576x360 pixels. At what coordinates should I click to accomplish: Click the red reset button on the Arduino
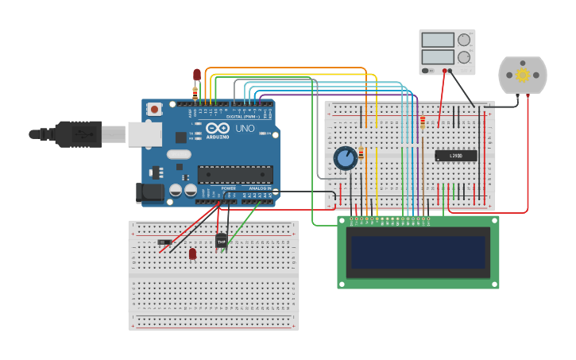[154, 108]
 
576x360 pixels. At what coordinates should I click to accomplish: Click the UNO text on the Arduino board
[245, 128]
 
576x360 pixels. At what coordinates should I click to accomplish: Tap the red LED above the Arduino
[197, 75]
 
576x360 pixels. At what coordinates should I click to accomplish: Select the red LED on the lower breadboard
[192, 253]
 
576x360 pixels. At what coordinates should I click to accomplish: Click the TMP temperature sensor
[221, 240]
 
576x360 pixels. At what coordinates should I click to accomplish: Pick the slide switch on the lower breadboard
[164, 242]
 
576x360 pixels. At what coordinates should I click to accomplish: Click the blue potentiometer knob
[345, 158]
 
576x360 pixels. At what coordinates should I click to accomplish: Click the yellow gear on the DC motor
[523, 75]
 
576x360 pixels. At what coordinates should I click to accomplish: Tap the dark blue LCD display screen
[419, 252]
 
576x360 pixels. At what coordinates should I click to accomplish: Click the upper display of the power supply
[437, 40]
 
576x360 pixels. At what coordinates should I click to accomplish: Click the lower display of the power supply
[437, 57]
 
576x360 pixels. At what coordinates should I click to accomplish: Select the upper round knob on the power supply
[464, 40]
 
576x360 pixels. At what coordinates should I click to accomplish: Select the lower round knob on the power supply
[464, 57]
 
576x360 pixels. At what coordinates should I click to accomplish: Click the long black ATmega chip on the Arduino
[235, 175]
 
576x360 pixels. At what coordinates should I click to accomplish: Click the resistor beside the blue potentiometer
[361, 153]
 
